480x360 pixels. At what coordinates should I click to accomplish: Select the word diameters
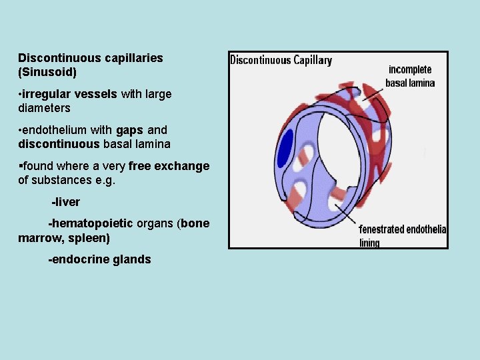[44, 107]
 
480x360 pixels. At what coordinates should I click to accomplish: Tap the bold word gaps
[129, 130]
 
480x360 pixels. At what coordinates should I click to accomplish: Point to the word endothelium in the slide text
[53, 130]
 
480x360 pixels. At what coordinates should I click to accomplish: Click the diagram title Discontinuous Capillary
[281, 61]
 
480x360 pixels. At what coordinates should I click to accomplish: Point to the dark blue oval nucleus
[286, 147]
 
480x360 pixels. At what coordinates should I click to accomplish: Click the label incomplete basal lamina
[410, 76]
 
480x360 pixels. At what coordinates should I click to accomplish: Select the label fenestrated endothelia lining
[402, 235]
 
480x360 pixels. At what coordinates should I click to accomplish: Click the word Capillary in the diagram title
[309, 61]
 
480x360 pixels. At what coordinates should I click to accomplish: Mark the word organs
[155, 223]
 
